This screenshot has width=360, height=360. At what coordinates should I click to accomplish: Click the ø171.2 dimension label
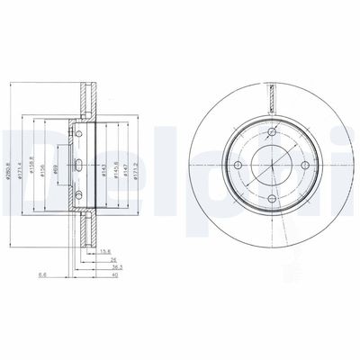click(x=137, y=164)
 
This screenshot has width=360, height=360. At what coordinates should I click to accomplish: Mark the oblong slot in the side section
click(x=79, y=165)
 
